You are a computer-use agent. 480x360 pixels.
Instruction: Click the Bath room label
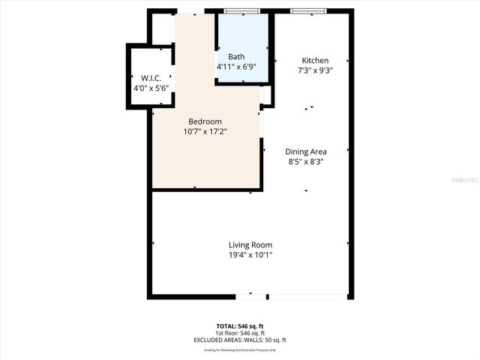(x=236, y=57)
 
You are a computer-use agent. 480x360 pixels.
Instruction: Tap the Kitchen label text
(x=315, y=61)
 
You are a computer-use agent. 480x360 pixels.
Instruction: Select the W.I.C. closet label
(x=150, y=78)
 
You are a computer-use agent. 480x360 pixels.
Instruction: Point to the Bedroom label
(x=205, y=121)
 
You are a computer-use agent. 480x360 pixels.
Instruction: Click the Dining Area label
(x=306, y=151)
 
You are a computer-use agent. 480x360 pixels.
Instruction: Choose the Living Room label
(x=250, y=244)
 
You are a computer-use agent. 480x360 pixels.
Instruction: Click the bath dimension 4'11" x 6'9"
(x=236, y=67)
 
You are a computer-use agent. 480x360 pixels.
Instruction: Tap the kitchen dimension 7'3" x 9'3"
(x=315, y=70)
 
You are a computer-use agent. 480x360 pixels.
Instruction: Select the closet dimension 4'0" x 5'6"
(x=150, y=88)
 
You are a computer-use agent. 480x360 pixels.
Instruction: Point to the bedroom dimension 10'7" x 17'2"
(x=205, y=131)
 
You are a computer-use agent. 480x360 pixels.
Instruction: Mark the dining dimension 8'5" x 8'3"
(x=306, y=160)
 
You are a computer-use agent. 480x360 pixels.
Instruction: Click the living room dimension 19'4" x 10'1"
(x=250, y=254)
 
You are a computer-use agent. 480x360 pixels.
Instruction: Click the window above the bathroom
(x=242, y=10)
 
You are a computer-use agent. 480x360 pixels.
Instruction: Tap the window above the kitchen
(x=308, y=10)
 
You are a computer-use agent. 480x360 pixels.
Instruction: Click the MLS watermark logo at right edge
(x=469, y=180)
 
